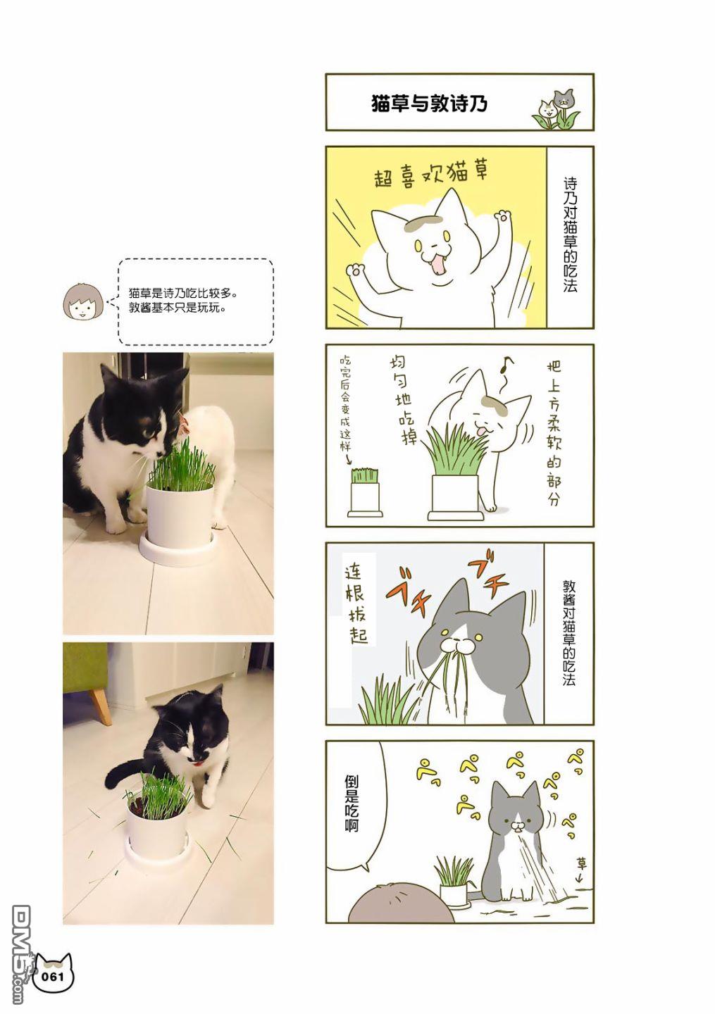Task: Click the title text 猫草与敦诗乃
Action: (429, 104)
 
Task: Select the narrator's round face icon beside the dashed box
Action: (83, 302)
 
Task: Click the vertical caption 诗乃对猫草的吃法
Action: (570, 234)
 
